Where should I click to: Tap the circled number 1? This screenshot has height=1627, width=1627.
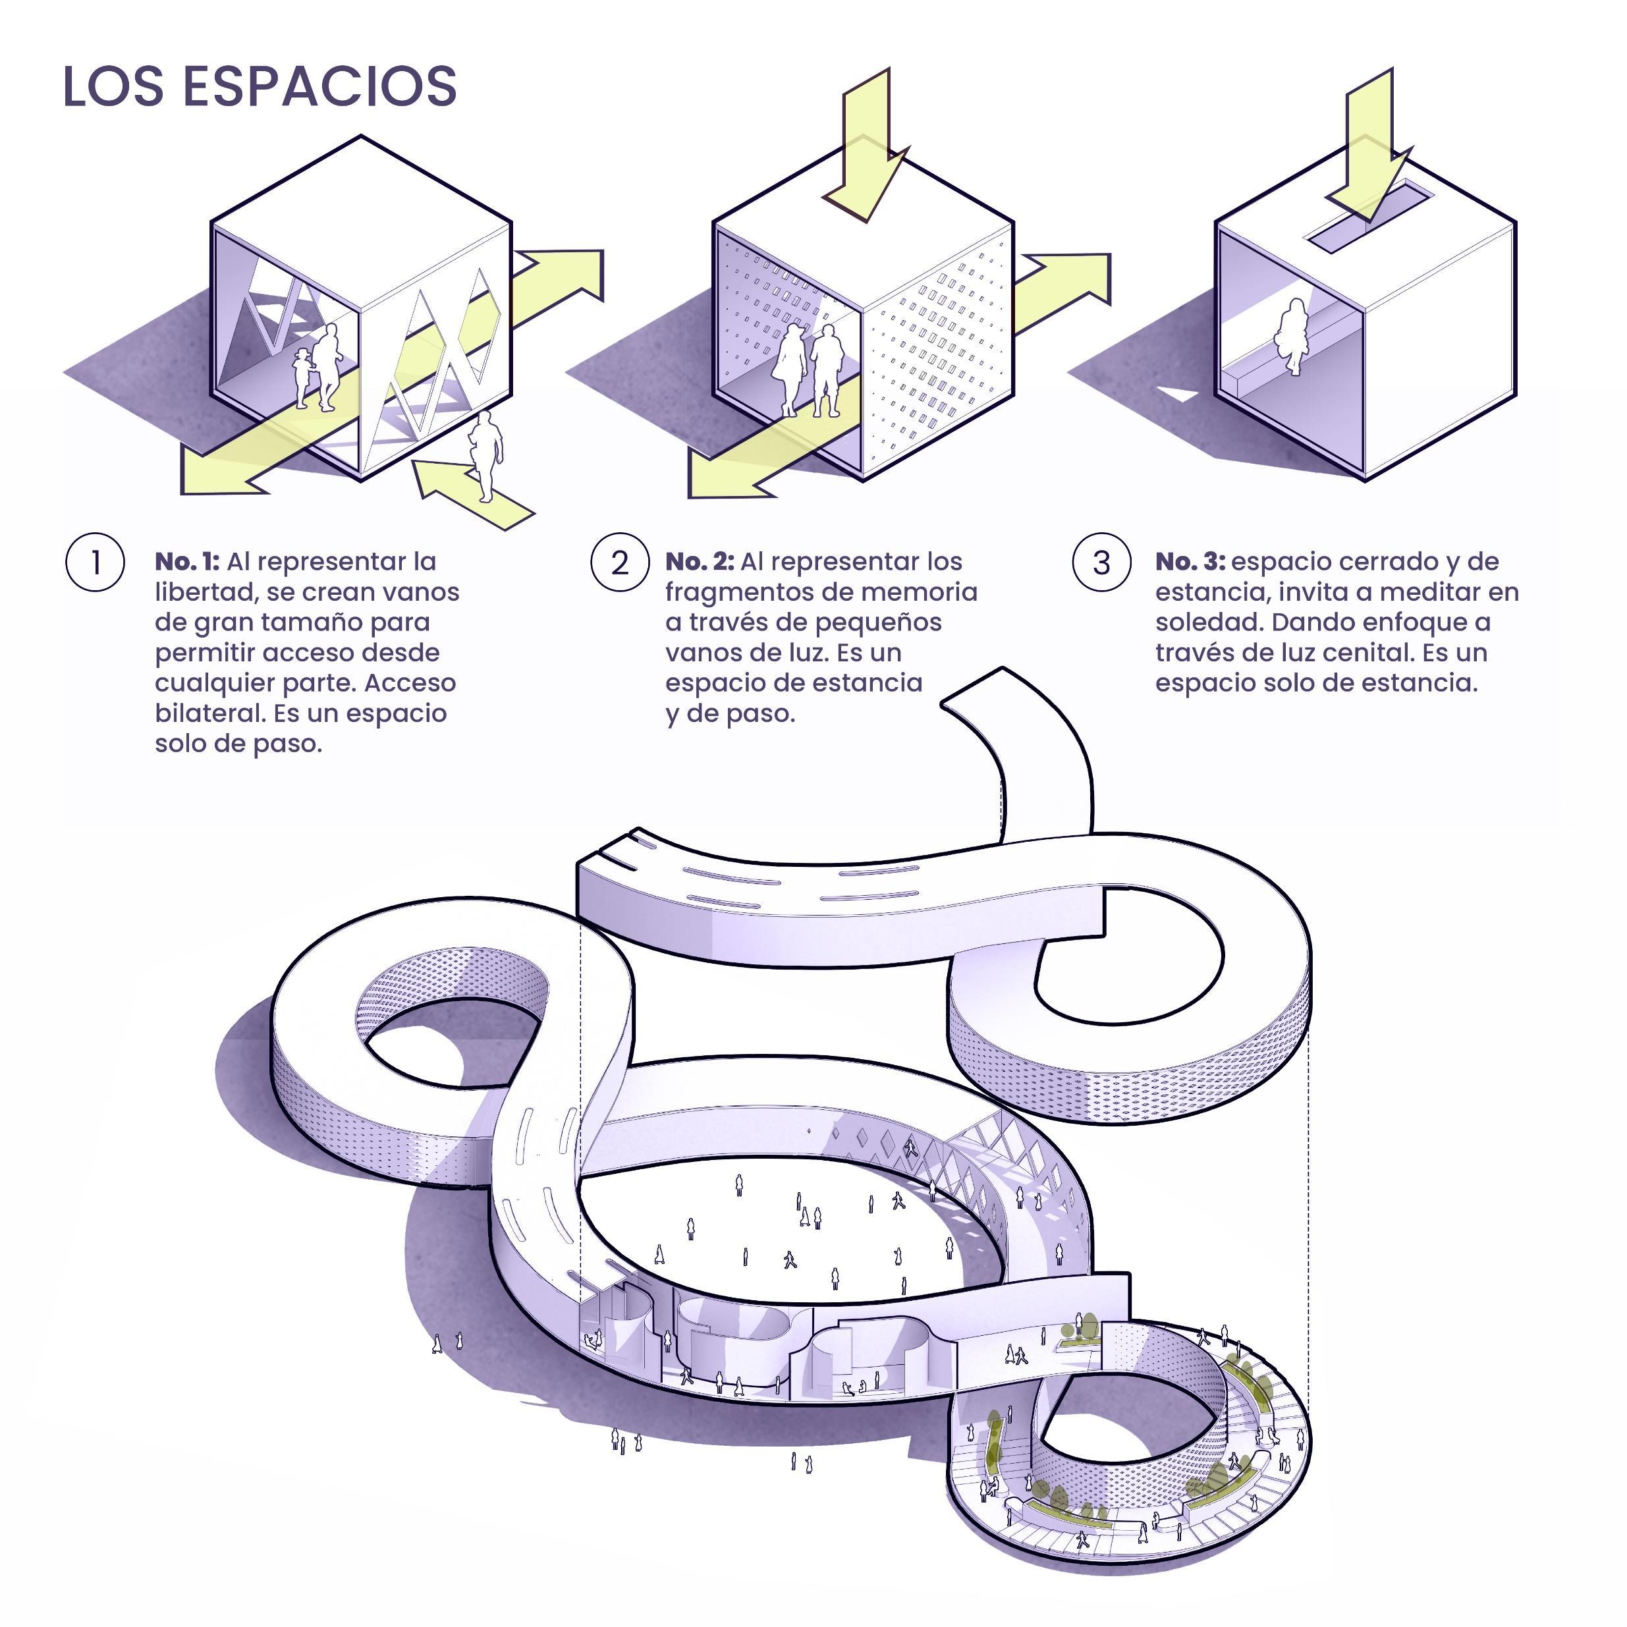point(95,562)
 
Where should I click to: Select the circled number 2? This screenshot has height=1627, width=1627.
point(619,562)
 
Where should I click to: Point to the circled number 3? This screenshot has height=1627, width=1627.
point(1101,562)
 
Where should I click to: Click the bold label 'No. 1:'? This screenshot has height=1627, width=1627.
point(187,562)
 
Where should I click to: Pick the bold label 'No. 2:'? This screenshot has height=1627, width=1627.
point(699,562)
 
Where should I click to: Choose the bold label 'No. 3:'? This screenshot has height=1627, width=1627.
point(1189,562)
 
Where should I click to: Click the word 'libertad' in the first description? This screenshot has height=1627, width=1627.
point(206,592)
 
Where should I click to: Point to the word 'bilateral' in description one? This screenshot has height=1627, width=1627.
point(209,713)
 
